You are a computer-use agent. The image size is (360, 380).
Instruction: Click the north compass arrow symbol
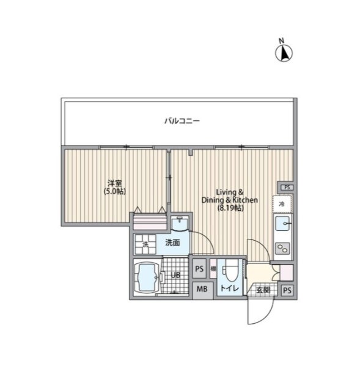point(284,53)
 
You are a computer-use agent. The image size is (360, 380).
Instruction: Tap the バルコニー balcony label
point(182,121)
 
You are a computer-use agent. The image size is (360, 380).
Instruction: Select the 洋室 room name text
point(115,183)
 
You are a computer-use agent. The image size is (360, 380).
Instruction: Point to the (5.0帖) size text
point(115,191)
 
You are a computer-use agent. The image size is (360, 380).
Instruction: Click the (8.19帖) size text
point(230,208)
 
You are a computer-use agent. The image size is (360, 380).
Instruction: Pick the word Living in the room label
point(226,192)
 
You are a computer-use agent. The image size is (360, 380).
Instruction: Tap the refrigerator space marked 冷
point(282,204)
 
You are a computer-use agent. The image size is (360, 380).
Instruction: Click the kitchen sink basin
point(282,224)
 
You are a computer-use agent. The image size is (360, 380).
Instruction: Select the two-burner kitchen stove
point(282,248)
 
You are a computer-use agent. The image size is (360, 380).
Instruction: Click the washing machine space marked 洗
point(145,244)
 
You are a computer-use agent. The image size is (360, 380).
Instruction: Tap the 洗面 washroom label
point(172,243)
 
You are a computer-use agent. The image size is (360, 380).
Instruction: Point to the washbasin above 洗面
point(180,223)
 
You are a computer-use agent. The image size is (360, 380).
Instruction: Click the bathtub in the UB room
point(147,277)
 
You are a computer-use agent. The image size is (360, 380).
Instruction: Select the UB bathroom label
point(175,276)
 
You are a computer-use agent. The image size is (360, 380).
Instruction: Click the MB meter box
point(202,289)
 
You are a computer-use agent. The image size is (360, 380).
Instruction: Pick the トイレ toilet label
point(230,288)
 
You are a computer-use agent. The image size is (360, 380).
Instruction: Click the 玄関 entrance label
point(263,290)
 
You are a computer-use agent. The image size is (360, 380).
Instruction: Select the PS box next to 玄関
point(287,290)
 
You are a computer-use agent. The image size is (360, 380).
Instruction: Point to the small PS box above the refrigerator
point(287,188)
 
